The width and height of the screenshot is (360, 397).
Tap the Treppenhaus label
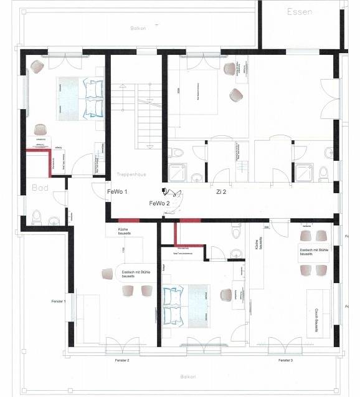pyautogui.click(x=131, y=175)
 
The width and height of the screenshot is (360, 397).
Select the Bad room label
pyautogui.click(x=39, y=187)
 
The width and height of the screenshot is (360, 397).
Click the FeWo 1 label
pyautogui.click(x=117, y=192)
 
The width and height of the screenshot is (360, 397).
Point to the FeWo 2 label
pyautogui.click(x=159, y=204)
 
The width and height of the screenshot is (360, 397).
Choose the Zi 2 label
pyautogui.click(x=221, y=193)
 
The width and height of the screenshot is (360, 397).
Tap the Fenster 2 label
pyautogui.click(x=121, y=360)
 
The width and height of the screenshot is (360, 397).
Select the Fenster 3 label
pyautogui.click(x=286, y=360)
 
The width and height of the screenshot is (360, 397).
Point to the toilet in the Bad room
pyautogui.click(x=37, y=217)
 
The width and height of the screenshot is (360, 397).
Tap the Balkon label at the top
pyautogui.click(x=138, y=28)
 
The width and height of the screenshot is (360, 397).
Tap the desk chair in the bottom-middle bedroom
pyautogui.click(x=239, y=295)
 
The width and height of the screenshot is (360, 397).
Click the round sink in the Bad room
pyautogui.click(x=54, y=221)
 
